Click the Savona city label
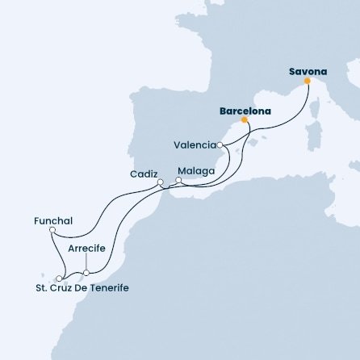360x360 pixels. tap(308, 71)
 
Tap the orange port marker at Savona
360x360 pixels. tap(308, 81)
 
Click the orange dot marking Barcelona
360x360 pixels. tap(245, 120)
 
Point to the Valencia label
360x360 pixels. tap(195, 145)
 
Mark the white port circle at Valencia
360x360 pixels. tap(220, 145)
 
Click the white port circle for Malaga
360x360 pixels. tap(179, 180)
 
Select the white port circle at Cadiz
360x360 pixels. tap(160, 182)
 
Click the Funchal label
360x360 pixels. tap(54, 220)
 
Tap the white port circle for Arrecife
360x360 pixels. tap(86, 273)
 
